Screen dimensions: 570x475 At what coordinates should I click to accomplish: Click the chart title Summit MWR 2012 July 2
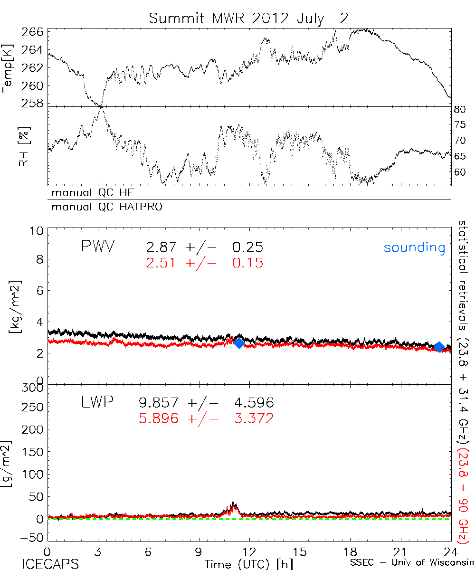[x=248, y=18]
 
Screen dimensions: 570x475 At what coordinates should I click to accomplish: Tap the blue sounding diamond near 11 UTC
[x=239, y=343]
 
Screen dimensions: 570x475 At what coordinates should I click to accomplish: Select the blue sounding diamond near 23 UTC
[x=439, y=347]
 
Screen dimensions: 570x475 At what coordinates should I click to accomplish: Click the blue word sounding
[x=415, y=247]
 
